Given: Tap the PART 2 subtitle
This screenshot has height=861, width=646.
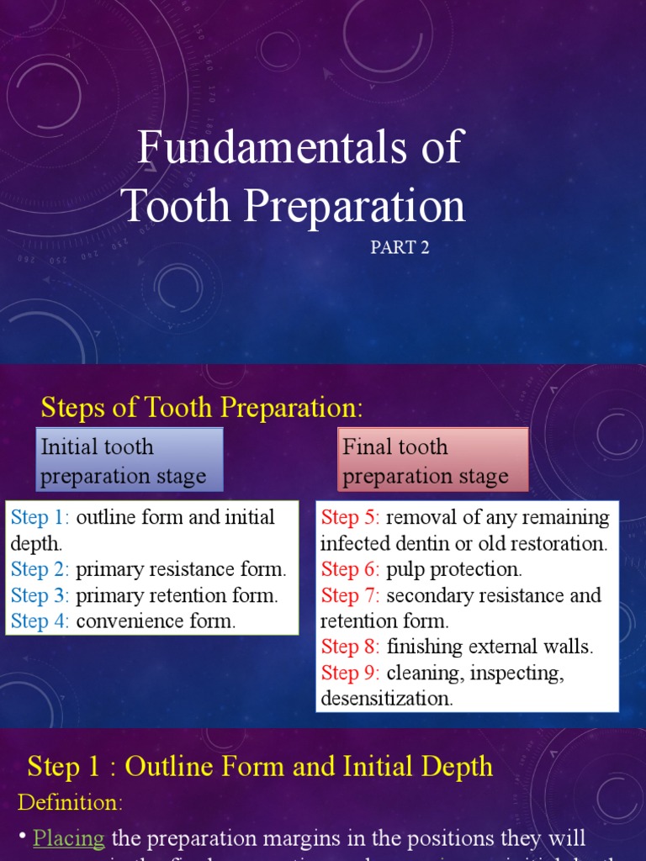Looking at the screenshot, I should pos(400,247).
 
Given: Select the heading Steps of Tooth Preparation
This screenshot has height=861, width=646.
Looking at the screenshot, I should pos(202,408).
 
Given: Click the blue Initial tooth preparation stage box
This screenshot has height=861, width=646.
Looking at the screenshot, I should pos(130,461).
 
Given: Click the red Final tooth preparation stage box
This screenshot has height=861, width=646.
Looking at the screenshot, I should pos(432,461).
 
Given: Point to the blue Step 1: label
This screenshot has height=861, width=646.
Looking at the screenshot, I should pos(40,517).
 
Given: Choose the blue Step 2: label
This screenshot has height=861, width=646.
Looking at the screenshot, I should pos(40,569).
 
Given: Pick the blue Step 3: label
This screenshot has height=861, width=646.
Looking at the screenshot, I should pos(40,595).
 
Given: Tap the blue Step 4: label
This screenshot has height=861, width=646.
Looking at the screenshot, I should pos(40,621).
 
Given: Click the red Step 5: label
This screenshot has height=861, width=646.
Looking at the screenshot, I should pos(351,517).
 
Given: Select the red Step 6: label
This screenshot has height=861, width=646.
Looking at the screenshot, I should pos(351,569).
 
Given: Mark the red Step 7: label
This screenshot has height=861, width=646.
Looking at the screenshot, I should pos(351,595).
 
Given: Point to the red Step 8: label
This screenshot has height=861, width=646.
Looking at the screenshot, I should pos(351,647).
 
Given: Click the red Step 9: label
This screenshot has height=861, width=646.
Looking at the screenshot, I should pos(351,673).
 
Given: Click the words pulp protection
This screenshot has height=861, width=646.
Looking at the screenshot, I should pos(454,569).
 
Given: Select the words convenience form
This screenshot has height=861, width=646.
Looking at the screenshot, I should pos(156,621).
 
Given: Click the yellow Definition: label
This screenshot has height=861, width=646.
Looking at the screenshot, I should pos(71,802).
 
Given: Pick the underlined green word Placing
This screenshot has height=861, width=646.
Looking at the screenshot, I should pos(69,838).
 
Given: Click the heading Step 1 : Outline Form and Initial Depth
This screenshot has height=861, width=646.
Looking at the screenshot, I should pos(260,766).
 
